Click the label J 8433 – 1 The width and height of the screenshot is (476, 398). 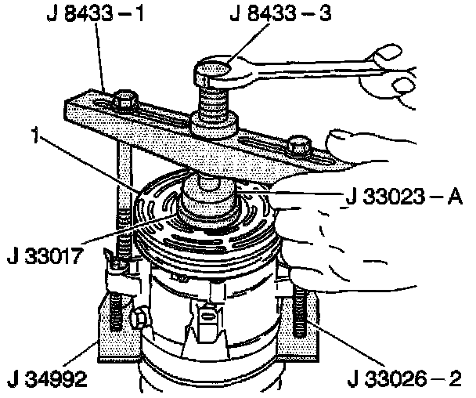[x=95, y=13]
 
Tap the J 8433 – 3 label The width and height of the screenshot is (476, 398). [x=280, y=13]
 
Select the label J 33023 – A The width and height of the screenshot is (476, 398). [x=404, y=197]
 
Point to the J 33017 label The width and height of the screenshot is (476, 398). [x=45, y=256]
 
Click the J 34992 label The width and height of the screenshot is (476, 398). [x=47, y=379]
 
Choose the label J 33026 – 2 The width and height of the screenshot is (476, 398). [x=405, y=379]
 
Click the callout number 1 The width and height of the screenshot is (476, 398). [x=36, y=135]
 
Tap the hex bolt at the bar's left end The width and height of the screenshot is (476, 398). [x=124, y=100]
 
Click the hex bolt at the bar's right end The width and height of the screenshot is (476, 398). [x=299, y=145]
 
